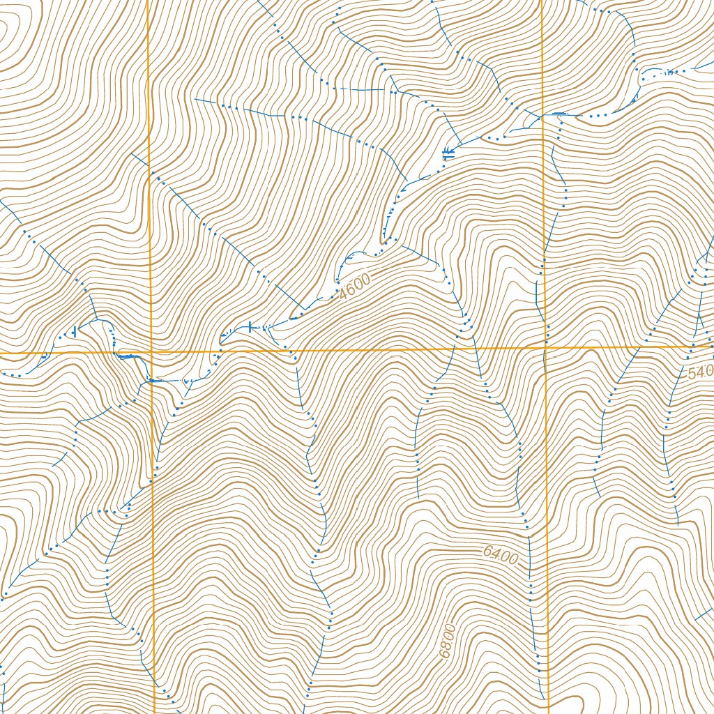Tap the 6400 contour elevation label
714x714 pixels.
(501, 556)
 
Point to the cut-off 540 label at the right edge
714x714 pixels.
(700, 373)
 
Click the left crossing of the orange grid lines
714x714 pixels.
(151, 354)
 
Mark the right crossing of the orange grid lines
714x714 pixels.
(545, 346)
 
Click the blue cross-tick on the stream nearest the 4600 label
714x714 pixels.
(251, 326)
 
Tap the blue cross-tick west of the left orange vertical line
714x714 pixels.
(74, 333)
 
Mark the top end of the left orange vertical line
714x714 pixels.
(149, 1)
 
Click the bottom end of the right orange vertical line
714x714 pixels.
(548, 712)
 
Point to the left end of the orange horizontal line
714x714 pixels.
(1, 354)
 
